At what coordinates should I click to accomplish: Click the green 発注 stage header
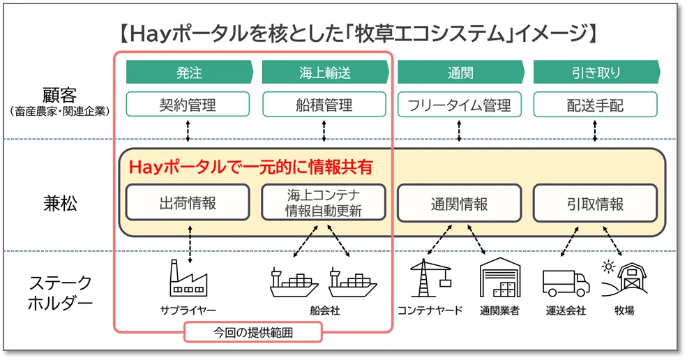(188, 73)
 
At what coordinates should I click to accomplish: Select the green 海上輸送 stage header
(324, 73)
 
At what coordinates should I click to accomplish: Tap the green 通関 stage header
(460, 73)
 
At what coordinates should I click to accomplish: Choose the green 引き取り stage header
(596, 73)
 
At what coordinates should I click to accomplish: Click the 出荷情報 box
(188, 204)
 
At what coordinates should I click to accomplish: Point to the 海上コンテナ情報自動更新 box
(324, 203)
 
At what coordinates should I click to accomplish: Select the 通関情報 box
(460, 204)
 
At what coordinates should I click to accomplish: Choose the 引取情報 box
(596, 204)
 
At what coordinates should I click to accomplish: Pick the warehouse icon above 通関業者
(499, 279)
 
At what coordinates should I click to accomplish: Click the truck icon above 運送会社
(566, 282)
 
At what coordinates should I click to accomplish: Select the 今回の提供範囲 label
(253, 332)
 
